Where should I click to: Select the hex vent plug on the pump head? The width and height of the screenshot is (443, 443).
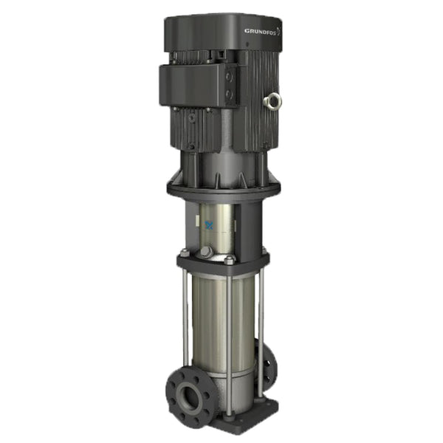tap(206, 253)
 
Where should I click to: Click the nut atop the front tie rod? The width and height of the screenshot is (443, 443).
tap(230, 260)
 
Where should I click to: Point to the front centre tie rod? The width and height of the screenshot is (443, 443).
tap(230, 325)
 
